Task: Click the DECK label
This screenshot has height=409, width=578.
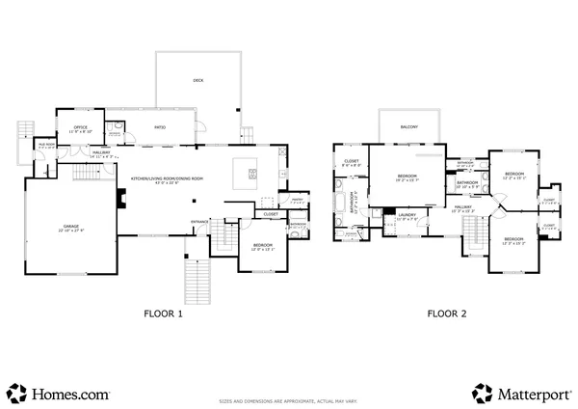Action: pos(197,81)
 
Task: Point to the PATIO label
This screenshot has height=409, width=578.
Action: pos(162,127)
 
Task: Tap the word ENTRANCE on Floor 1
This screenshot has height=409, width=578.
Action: pos(200,221)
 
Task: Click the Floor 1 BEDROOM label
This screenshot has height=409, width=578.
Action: pos(263,246)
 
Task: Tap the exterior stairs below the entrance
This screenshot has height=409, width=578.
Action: pos(197,281)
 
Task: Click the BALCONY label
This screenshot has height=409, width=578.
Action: pos(409,125)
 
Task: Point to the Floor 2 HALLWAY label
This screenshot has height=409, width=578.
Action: pos(463,206)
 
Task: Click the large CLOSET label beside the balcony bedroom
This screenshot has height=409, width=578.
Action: pos(352,162)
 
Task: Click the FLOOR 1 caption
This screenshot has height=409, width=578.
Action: pos(163,313)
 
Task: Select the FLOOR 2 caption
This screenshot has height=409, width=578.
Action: pos(447,313)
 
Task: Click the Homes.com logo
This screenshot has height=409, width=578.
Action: pos(58,393)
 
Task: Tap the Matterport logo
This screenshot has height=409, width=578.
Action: pos(520,393)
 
